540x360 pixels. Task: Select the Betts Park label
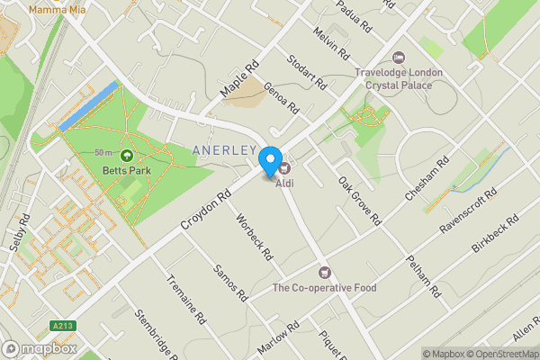(x=125, y=170)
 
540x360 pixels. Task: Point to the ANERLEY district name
(x=225, y=148)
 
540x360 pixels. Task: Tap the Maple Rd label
(x=238, y=79)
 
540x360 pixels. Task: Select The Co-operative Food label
(x=325, y=289)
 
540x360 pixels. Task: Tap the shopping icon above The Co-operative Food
(x=325, y=272)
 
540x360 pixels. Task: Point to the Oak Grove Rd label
(x=359, y=200)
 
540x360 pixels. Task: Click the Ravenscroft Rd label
(x=467, y=212)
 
